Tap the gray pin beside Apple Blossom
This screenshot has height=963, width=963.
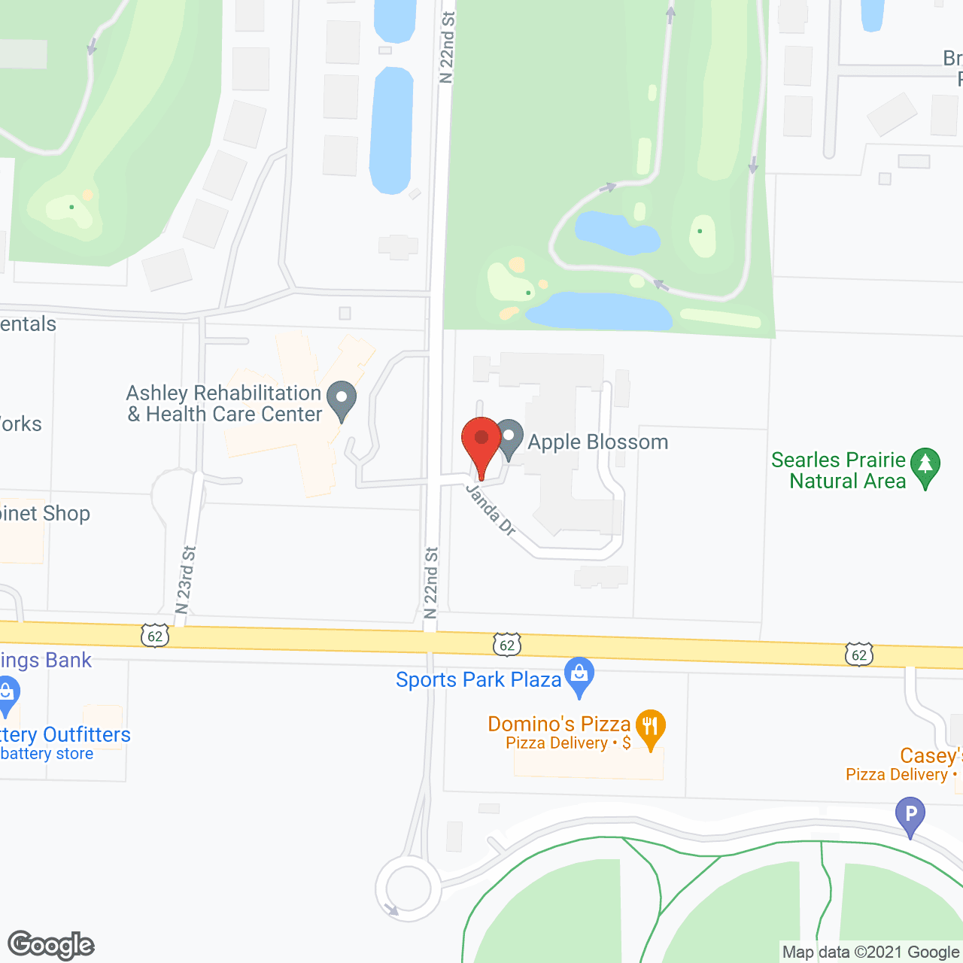point(509,437)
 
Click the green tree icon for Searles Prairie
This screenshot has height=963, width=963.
point(925,466)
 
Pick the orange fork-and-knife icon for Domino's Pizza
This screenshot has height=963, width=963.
point(651,728)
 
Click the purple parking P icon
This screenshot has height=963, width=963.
point(910,816)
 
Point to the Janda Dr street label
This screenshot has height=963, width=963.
point(491,510)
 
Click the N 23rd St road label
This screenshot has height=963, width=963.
point(186,580)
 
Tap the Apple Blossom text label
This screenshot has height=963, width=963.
point(598,442)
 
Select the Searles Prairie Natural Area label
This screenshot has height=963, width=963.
point(839,470)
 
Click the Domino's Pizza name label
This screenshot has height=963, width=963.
point(559,724)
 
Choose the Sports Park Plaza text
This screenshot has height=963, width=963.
point(478,679)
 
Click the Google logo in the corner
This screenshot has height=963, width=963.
point(51,945)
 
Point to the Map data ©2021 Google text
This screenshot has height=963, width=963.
point(871,952)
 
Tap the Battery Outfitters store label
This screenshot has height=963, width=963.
point(65,735)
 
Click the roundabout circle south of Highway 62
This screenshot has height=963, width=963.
point(409,889)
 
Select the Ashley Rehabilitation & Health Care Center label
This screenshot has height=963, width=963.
point(224,403)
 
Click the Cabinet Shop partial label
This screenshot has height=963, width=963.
point(45,513)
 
